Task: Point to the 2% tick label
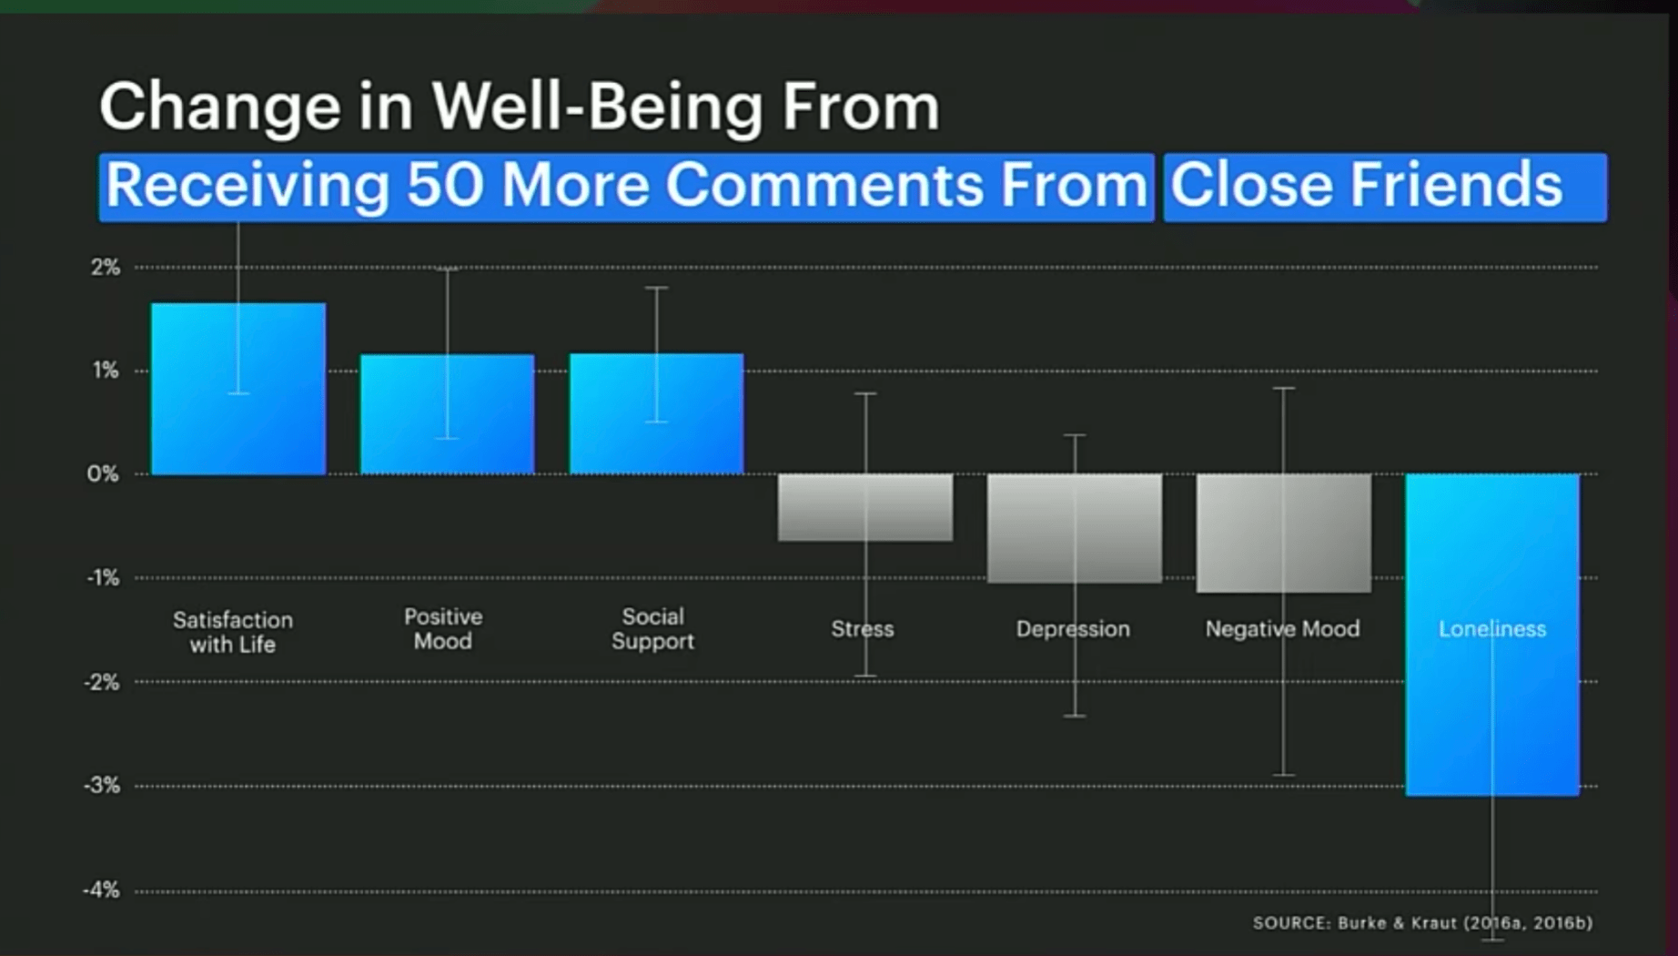105,267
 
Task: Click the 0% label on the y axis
103,473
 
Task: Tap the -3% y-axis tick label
102,785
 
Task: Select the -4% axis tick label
102,890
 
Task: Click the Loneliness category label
1491,629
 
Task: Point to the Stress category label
862,629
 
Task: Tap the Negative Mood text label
1282,629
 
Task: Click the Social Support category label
652,628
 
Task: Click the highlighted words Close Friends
1365,186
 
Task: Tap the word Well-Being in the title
597,107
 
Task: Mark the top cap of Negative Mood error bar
1283,389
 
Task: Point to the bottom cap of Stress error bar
865,676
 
